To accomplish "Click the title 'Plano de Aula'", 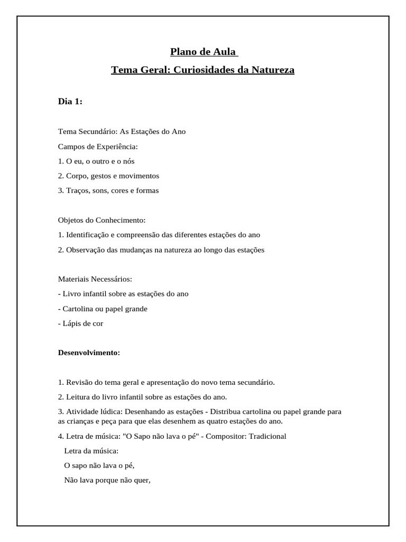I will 203,52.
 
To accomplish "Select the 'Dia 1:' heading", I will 70,102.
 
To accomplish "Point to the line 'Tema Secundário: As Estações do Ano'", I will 122,131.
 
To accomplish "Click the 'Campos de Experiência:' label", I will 97,146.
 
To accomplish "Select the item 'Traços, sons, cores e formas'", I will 112,191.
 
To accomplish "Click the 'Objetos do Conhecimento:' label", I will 101,220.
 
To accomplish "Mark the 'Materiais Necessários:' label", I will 95,279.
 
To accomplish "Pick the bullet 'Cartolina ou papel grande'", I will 105,309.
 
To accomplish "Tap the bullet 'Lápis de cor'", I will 82,323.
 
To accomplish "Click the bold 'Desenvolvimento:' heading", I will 89,353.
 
